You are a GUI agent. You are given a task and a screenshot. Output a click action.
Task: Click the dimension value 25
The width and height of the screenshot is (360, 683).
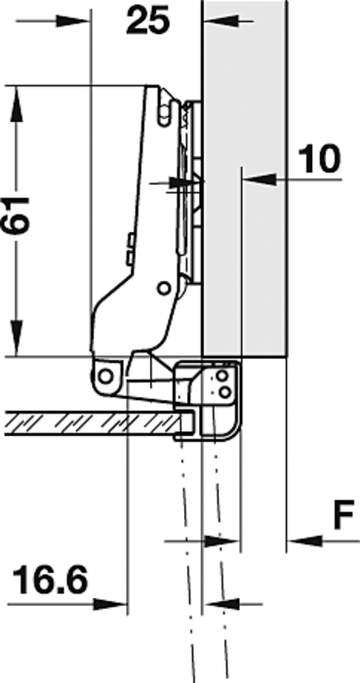(x=147, y=20)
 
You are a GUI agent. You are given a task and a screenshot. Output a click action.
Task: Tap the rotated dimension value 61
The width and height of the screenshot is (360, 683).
(x=17, y=216)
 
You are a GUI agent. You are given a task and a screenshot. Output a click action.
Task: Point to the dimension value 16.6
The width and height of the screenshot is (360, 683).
(x=50, y=580)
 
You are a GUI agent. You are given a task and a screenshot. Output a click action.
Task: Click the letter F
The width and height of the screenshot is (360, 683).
(x=343, y=516)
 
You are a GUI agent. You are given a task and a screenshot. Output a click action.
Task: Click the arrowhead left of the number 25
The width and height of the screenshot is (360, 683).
(x=73, y=20)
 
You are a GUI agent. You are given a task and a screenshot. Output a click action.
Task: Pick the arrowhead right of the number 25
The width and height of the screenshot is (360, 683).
(x=220, y=20)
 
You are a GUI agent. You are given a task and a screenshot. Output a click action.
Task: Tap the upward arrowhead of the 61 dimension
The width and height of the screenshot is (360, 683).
(x=17, y=102)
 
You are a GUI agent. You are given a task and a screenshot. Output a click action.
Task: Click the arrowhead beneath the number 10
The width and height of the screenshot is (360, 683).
(x=260, y=179)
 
